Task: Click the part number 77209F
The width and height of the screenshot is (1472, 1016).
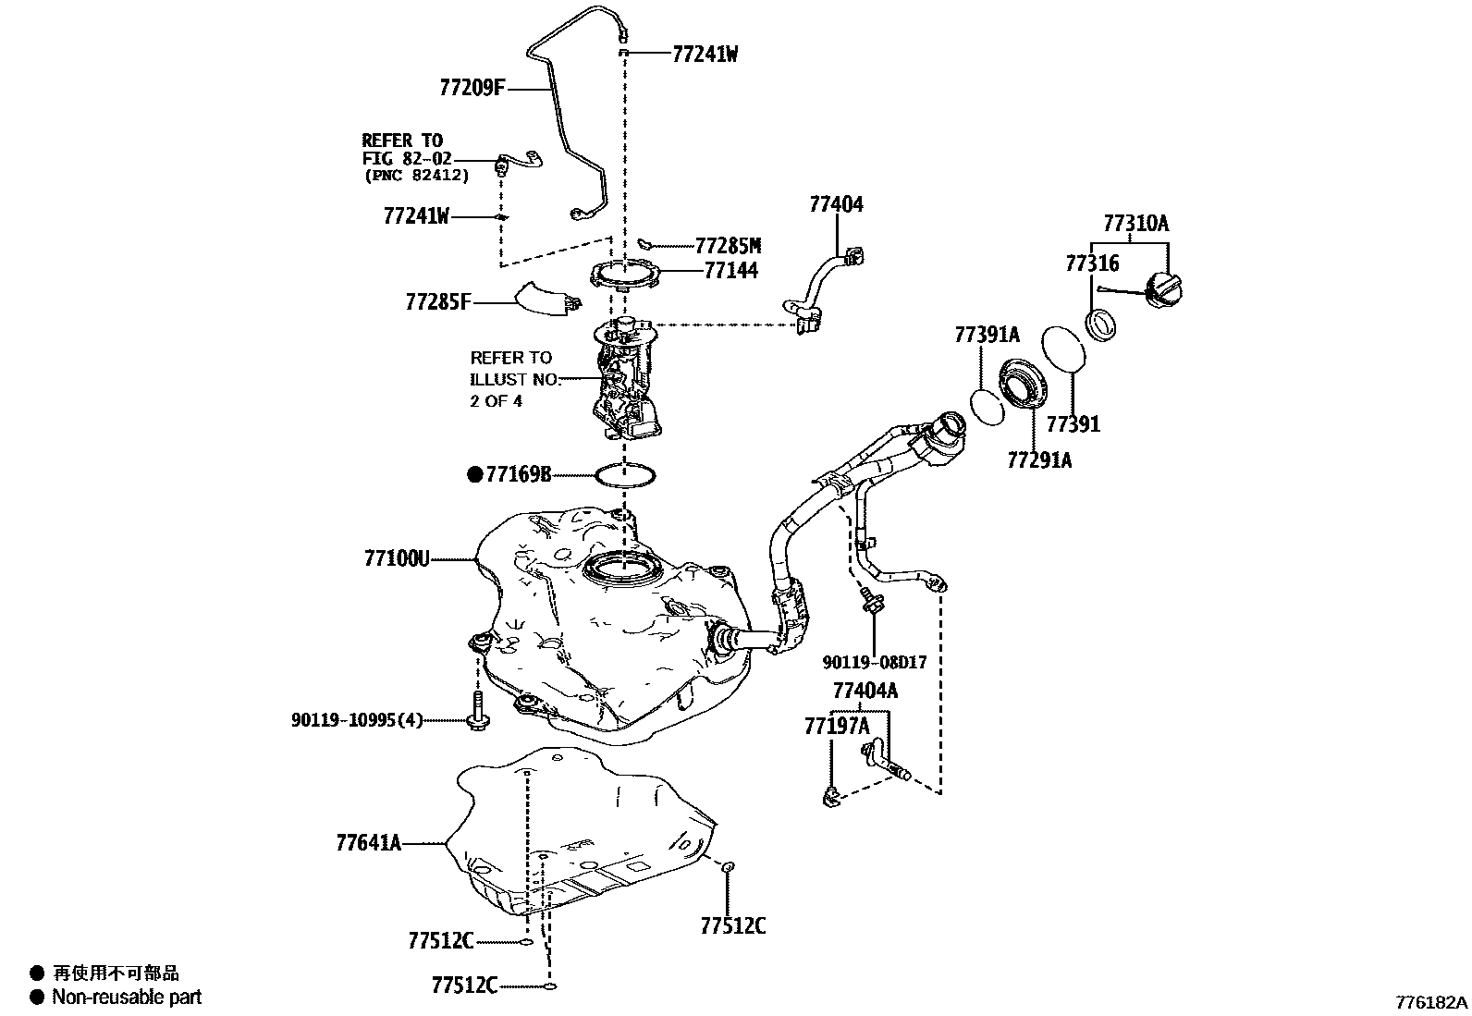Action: pyautogui.click(x=472, y=88)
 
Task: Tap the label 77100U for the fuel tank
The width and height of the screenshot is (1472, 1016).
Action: pyautogui.click(x=397, y=558)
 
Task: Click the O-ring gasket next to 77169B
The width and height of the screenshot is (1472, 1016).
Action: pyautogui.click(x=626, y=476)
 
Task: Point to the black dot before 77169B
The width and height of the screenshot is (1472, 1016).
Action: pyautogui.click(x=475, y=475)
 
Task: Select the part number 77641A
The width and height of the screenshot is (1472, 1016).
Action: pyautogui.click(x=368, y=842)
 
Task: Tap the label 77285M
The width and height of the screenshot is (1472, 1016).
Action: pyautogui.click(x=728, y=245)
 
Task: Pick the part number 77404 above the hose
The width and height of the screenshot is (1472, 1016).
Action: pyautogui.click(x=836, y=204)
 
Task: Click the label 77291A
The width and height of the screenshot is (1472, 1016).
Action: pyautogui.click(x=1038, y=459)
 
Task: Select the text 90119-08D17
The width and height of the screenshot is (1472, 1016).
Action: pyautogui.click(x=874, y=662)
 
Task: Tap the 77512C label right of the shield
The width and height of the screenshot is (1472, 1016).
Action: pyautogui.click(x=732, y=925)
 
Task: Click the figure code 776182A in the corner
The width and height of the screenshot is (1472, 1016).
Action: pyautogui.click(x=1431, y=1001)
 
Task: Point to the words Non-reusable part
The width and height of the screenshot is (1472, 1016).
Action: pyautogui.click(x=127, y=997)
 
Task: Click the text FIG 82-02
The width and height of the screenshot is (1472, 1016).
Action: pyautogui.click(x=407, y=158)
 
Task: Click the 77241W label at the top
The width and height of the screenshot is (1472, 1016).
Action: pyautogui.click(x=705, y=54)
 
